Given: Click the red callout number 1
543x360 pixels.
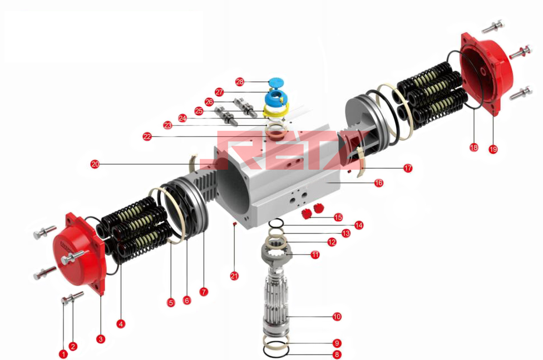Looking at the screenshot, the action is point(63,354).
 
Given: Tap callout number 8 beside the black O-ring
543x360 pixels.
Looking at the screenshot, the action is point(337,354).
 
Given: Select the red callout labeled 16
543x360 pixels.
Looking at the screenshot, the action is point(379,183).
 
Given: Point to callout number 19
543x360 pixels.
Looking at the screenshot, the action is point(493,149).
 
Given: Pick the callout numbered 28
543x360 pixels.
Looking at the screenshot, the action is point(240,82).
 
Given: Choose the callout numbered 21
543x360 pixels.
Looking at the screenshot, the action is point(234,276).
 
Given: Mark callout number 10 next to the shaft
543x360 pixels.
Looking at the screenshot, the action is point(337,317).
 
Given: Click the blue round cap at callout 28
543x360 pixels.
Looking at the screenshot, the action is point(276,83).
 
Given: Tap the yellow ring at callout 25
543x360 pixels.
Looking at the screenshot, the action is point(276,111).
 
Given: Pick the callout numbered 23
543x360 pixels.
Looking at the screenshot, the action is point(167,125).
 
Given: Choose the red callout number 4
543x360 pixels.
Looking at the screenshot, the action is point(121,324).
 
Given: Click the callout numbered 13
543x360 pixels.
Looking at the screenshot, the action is point(345,233).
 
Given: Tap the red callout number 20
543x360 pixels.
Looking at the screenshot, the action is point(95,164).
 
